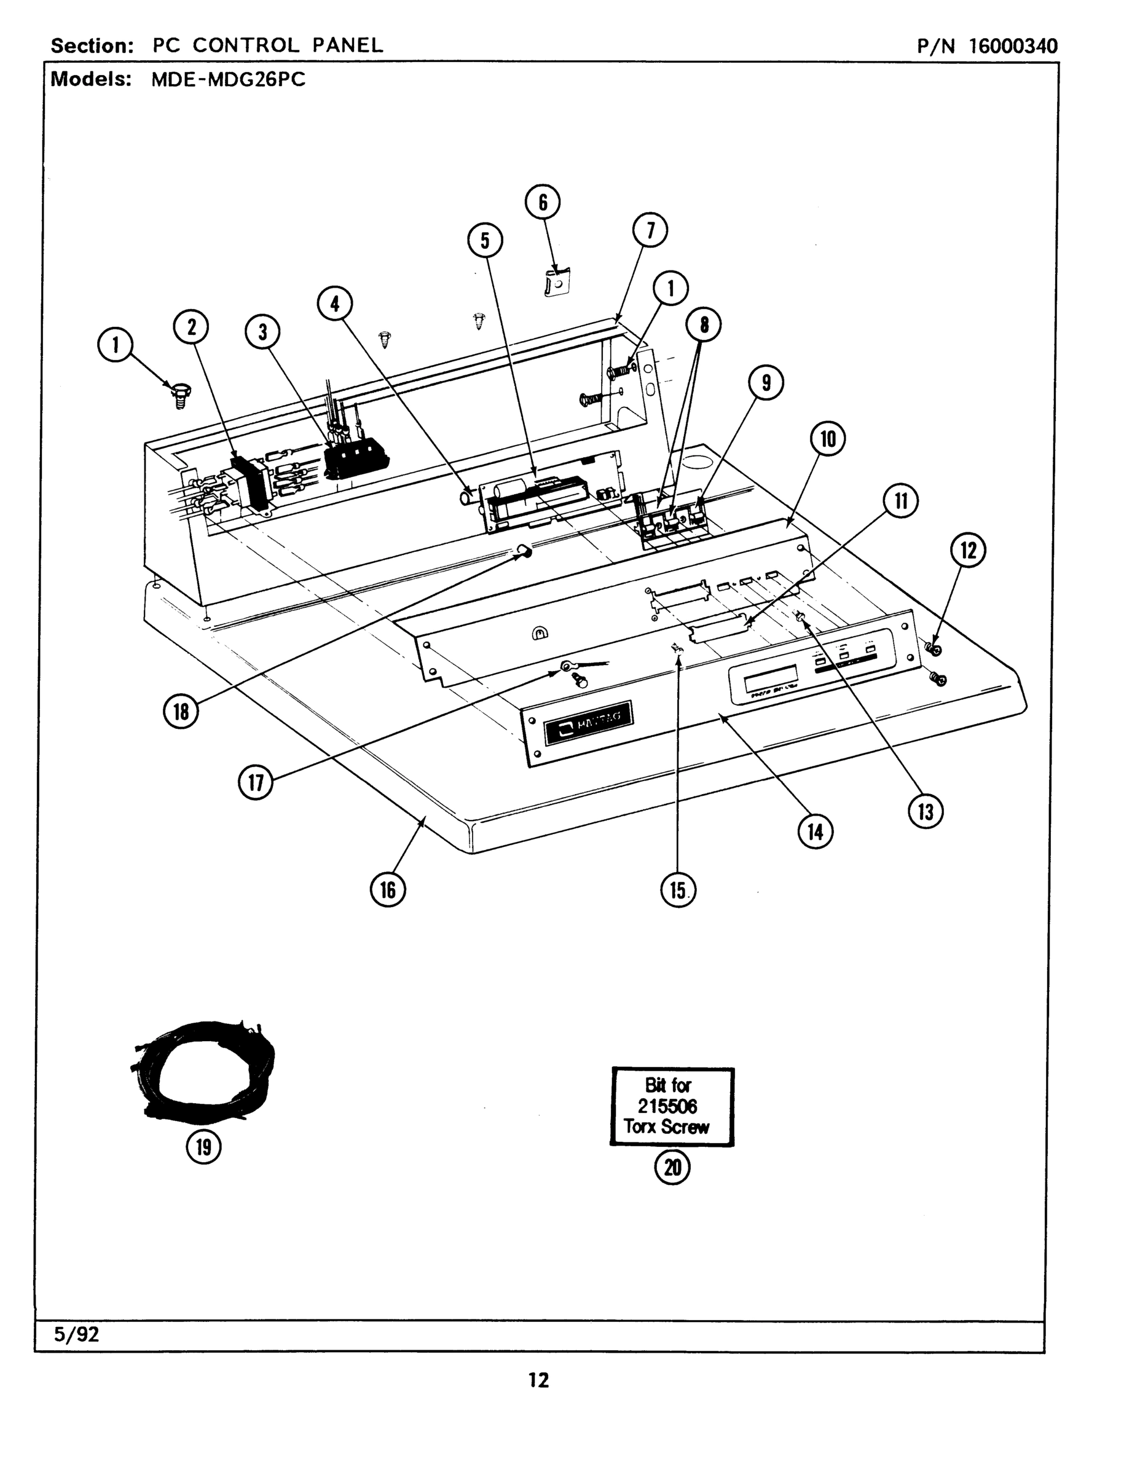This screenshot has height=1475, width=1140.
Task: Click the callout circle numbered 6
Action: (x=542, y=202)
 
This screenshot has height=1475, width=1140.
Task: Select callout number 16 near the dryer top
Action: (x=388, y=889)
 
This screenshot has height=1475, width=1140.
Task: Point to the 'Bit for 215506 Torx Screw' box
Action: (x=671, y=1106)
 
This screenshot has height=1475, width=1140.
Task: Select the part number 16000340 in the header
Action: (x=1013, y=46)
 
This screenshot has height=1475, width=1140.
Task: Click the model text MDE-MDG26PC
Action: (x=228, y=80)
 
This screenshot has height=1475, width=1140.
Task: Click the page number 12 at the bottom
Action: (x=538, y=1380)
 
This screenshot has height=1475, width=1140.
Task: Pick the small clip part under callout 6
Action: (x=555, y=282)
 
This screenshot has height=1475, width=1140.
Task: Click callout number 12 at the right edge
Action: (x=968, y=551)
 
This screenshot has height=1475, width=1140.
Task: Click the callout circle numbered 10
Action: (x=827, y=439)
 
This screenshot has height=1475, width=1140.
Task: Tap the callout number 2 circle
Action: (x=191, y=327)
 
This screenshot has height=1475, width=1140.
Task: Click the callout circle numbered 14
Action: (x=815, y=832)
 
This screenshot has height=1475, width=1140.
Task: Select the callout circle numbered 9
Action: (x=766, y=383)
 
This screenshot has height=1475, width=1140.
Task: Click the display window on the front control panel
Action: (x=770, y=678)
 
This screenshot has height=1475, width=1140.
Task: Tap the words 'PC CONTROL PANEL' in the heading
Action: (x=267, y=45)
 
